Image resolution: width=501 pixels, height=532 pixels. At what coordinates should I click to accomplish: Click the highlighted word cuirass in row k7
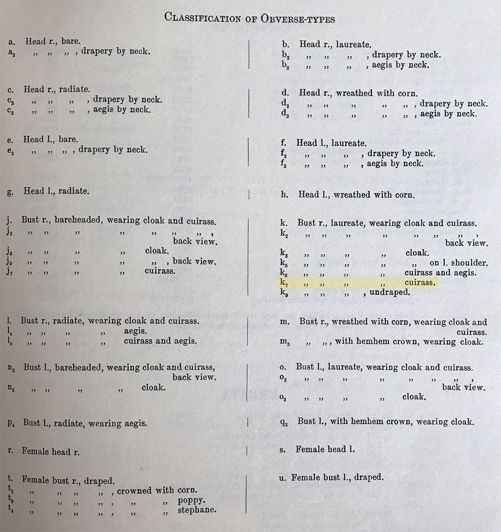tap(419, 283)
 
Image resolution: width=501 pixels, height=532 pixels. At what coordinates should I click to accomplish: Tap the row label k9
tap(284, 293)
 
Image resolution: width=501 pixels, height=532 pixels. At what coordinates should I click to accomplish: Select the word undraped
tap(390, 292)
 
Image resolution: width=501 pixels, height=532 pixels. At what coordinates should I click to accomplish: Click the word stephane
tap(197, 510)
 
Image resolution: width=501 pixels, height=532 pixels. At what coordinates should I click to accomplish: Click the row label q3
tap(284, 422)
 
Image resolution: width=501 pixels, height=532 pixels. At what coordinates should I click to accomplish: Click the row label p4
tap(11, 424)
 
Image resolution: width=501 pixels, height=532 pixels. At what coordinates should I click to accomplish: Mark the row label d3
tap(285, 115)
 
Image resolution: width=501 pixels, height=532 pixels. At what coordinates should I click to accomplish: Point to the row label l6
tap(10, 342)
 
